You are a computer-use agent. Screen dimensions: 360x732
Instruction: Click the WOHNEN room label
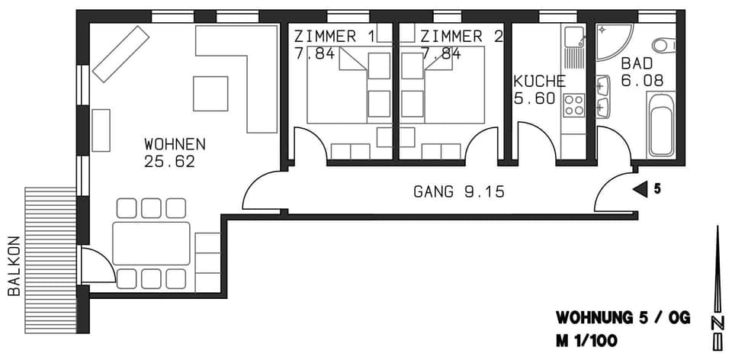(175, 143)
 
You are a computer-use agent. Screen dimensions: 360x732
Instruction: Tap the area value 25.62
(169, 161)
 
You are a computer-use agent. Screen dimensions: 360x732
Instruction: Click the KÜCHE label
(539, 82)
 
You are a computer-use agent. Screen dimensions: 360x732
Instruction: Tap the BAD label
(637, 63)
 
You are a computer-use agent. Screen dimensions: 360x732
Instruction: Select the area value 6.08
(642, 80)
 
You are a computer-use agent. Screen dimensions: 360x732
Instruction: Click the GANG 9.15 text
(459, 192)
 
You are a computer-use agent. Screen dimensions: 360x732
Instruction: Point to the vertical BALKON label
(13, 265)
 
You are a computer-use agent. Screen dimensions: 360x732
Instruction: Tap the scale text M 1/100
(586, 340)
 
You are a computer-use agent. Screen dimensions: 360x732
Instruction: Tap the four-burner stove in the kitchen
(573, 104)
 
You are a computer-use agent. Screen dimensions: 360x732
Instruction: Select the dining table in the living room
(151, 243)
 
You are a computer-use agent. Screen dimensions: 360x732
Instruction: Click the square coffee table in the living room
(210, 93)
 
